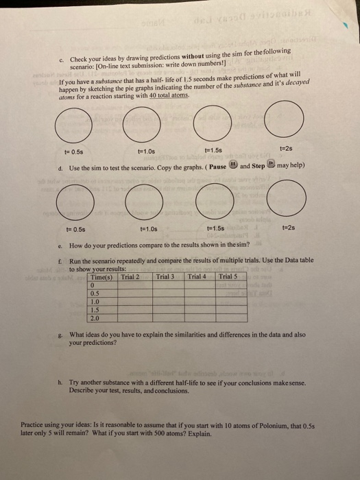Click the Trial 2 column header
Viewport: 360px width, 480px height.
pos(134,276)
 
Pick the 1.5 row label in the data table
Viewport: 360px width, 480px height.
pos(95,309)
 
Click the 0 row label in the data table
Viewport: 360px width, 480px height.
pos(93,285)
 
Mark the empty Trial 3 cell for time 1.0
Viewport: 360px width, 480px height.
pos(167,301)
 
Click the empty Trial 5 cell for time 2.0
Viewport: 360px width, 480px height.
pos(231,317)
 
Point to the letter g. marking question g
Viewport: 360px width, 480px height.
pos(62,334)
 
